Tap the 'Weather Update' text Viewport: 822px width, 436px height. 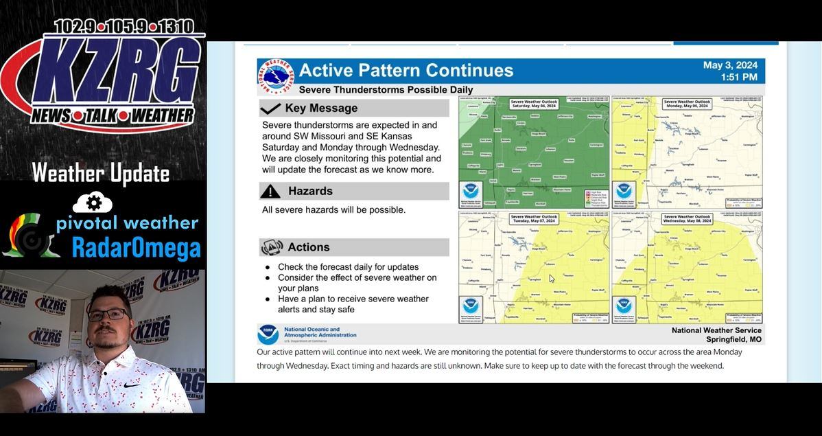[101, 173]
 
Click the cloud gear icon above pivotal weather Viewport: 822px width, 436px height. [94, 203]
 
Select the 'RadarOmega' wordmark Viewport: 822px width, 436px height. [136, 249]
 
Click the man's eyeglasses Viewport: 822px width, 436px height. [107, 314]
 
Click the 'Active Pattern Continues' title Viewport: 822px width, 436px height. [406, 71]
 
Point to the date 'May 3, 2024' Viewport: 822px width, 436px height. [730, 65]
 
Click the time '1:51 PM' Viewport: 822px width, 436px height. [739, 77]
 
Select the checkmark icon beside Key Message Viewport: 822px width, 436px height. [270, 108]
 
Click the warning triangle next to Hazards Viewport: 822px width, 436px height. [270, 192]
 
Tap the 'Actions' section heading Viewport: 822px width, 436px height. [308, 247]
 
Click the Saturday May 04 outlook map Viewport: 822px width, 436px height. [533, 152]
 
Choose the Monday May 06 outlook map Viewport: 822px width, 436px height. [687, 152]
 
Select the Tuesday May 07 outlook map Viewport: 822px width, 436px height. [533, 267]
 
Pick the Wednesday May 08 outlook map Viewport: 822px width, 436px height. [687, 267]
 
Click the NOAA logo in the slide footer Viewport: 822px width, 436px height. [268, 334]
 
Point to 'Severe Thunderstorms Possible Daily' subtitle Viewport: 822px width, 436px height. [386, 90]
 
